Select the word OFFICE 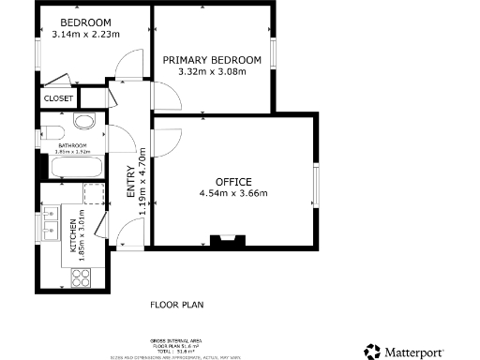pos(233,181)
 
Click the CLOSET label pos(57,97)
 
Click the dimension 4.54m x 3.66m pos(233,194)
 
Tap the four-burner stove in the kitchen pos(81,277)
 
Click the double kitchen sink pos(49,226)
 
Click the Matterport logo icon pos(372,351)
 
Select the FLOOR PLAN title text pos(177,305)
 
